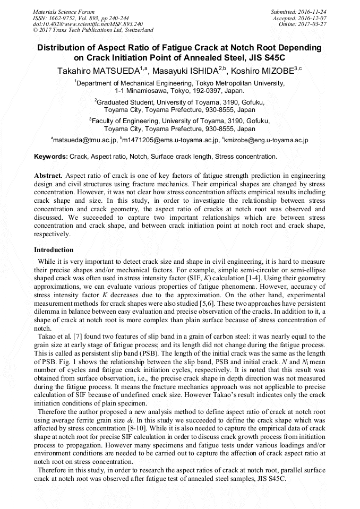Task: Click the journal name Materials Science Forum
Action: click(64, 12)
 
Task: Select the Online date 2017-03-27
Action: click(313, 24)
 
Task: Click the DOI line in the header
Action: click(88, 24)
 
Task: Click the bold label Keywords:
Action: click(51, 157)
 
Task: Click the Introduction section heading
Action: click(54, 250)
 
